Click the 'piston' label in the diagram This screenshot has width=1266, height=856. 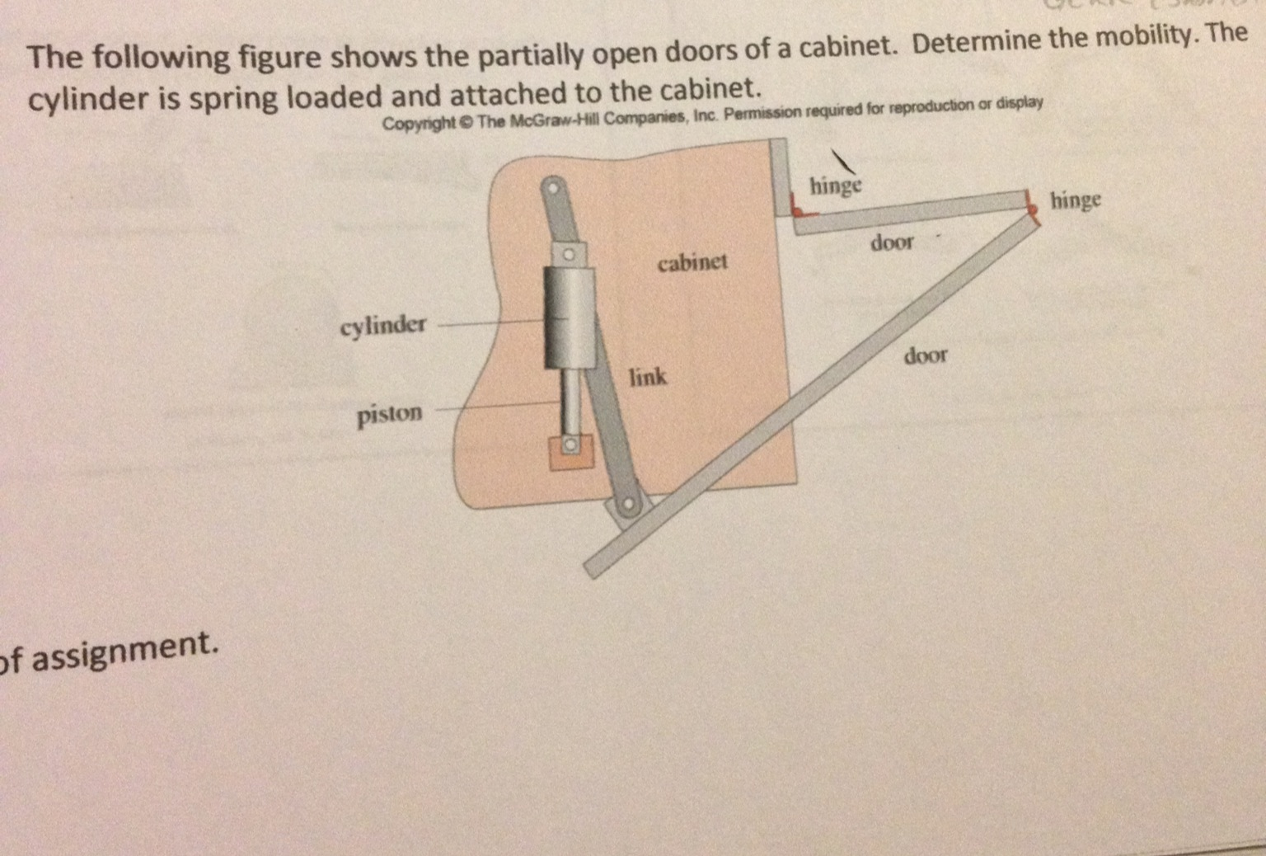(x=389, y=414)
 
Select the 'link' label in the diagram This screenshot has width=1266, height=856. (x=648, y=377)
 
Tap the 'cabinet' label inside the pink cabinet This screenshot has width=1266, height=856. (x=692, y=262)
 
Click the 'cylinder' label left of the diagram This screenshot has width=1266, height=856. (x=383, y=325)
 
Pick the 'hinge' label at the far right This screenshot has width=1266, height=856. (x=1075, y=200)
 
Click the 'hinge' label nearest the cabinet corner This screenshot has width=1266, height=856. (x=835, y=186)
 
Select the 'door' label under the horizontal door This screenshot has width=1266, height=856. (x=892, y=242)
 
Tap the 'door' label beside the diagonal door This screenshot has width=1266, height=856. (x=926, y=355)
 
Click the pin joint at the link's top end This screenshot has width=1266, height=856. (x=554, y=188)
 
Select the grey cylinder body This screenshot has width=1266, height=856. (x=569, y=317)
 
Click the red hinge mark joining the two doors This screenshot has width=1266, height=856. (x=1030, y=206)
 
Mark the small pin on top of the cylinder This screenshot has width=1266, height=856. (x=568, y=256)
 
